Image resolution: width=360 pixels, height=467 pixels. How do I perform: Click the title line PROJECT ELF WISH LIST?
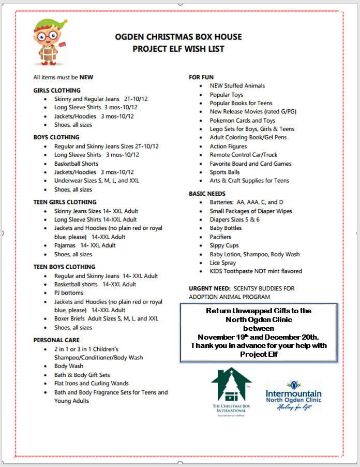pos(178,49)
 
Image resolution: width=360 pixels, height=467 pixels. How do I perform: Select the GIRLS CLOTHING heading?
pos(57,91)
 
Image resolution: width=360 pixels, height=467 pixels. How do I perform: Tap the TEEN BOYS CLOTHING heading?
pos(64,267)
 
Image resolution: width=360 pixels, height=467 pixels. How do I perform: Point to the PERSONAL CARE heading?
pos(56,340)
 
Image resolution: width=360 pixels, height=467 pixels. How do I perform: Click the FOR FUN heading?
pos(201,77)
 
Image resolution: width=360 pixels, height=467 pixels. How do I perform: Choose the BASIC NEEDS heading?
pos(207,194)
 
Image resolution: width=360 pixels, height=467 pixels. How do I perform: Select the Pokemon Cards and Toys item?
pos(243,121)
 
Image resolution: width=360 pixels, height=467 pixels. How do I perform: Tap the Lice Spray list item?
pos(223,263)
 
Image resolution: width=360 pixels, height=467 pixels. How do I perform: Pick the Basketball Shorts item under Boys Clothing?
pos(76,164)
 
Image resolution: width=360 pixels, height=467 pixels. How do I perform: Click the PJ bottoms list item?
pos(69,293)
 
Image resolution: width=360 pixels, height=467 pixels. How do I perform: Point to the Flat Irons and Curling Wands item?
pos(92,384)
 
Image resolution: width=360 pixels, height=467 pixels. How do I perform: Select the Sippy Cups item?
pos(224,245)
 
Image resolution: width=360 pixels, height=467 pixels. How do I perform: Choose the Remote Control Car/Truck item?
pos(244,155)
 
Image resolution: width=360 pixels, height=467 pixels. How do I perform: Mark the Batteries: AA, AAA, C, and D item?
pos(247,202)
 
